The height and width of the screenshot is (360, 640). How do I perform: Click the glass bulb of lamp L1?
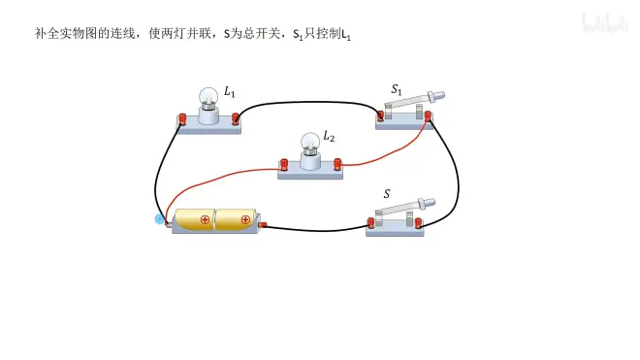[x=208, y=96]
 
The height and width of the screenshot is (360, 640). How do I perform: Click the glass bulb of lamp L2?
[x=310, y=142]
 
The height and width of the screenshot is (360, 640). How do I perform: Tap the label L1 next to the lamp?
[x=230, y=92]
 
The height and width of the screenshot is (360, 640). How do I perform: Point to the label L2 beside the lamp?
[x=329, y=136]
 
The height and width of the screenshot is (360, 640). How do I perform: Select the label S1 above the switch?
[x=397, y=89]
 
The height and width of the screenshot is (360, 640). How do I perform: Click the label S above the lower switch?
[x=387, y=194]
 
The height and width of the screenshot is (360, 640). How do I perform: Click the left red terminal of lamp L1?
[x=182, y=119]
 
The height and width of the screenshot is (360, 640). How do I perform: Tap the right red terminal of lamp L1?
[x=235, y=119]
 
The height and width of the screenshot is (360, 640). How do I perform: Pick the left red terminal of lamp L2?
[x=284, y=165]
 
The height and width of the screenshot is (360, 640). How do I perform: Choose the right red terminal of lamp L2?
[x=337, y=164]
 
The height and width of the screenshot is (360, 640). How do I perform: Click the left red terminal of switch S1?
[x=380, y=115]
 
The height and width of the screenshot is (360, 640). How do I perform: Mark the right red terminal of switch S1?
[x=428, y=116]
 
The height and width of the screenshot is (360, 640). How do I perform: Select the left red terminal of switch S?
[x=370, y=223]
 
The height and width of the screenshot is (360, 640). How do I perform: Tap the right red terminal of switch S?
[x=418, y=223]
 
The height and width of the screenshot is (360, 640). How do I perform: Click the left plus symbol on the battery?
[x=205, y=220]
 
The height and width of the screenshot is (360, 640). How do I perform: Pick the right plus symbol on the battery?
[x=245, y=220]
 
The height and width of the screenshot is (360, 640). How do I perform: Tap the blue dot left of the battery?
[x=159, y=219]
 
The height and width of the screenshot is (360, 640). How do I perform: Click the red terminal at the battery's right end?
[x=263, y=225]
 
